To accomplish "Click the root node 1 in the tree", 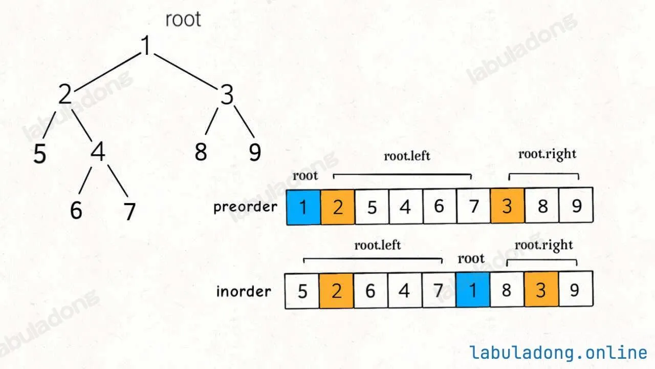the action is point(146,45).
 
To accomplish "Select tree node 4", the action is point(98,151).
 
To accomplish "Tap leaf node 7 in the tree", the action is point(129,211).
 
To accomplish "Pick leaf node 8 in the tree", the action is point(201,152).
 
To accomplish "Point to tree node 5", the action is point(40,153).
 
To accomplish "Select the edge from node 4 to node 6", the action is point(85,180).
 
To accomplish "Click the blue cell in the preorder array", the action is point(303,207).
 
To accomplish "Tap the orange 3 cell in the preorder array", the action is point(507,206).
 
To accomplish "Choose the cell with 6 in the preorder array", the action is point(439,206).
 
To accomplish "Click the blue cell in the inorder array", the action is point(472,290).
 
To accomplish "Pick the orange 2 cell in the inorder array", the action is point(336,291).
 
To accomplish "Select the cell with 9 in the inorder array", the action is point(576,289).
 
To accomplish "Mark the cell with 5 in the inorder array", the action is point(302,291).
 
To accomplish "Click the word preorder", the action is point(245,208).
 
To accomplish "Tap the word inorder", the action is point(244,292).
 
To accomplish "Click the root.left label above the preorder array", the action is point(407,156).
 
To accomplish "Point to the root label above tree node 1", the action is point(183,19).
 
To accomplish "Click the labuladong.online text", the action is point(558,353).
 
